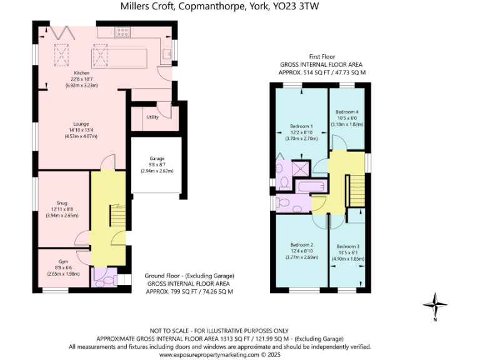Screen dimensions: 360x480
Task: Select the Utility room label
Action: click(152, 117)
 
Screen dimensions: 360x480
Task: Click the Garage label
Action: click(156, 159)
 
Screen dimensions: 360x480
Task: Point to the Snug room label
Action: click(62, 204)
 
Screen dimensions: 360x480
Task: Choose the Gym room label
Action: click(64, 261)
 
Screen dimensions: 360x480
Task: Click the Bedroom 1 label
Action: click(302, 126)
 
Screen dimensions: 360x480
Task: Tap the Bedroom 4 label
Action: click(347, 112)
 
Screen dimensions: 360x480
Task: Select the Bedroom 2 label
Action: click(302, 244)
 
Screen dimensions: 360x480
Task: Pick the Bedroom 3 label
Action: click(347, 246)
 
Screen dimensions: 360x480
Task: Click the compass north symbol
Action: click(435, 306)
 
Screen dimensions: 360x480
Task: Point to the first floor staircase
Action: click(355, 188)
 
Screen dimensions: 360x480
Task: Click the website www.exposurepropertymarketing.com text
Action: click(208, 354)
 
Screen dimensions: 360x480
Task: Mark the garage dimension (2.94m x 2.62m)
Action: click(156, 171)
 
